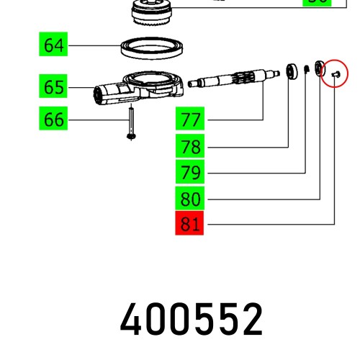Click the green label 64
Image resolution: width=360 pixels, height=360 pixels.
coord(54,45)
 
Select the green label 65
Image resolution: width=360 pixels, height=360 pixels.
coord(54,88)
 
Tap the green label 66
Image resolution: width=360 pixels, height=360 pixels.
coord(54,120)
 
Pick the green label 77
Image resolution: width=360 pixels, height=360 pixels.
coord(190,120)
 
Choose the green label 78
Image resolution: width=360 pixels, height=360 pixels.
coord(190,148)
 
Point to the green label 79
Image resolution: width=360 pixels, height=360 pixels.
coord(190,173)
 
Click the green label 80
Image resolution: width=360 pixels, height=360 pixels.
coord(190,199)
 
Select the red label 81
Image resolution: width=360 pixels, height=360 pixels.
coord(190,225)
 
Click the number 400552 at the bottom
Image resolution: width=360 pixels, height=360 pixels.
coord(191,319)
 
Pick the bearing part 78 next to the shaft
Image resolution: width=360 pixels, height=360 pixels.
coord(293,71)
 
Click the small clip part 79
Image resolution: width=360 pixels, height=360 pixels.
coord(307,69)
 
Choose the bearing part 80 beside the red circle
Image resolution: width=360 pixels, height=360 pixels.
coord(319,69)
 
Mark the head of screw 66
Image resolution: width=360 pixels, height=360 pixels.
coord(131,135)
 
